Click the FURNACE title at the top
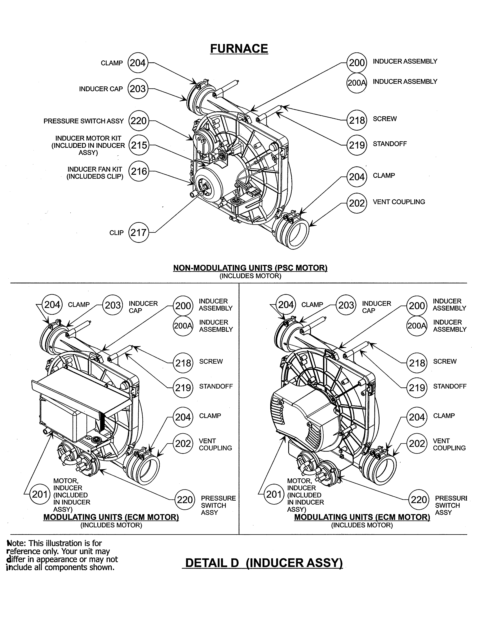(239, 49)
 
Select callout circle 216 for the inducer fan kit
(139, 171)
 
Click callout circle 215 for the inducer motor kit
(139, 145)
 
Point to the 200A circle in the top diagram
(357, 83)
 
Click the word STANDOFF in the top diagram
(389, 144)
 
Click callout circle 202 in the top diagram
(357, 203)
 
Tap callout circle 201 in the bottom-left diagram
(40, 494)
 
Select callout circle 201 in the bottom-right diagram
(273, 494)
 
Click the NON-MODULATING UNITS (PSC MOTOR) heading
(250, 268)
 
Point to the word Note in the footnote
(16, 543)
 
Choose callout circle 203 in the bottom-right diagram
(346, 305)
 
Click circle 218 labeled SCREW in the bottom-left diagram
(183, 363)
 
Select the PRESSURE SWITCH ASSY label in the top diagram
(84, 121)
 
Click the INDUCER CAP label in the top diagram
(101, 89)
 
